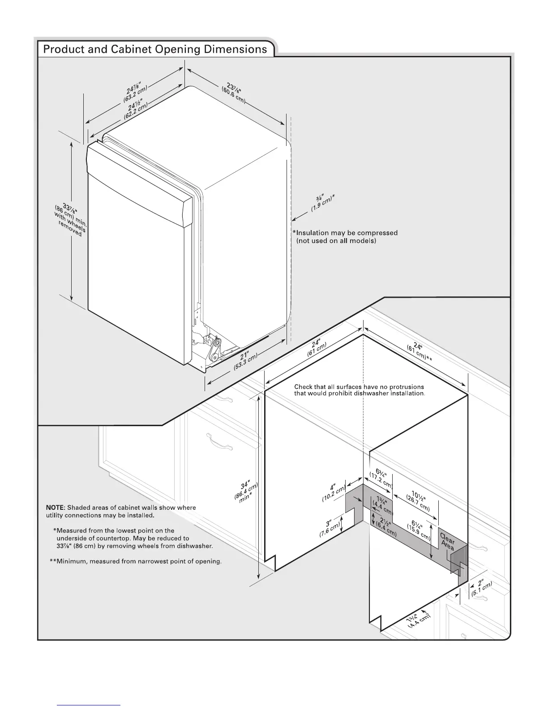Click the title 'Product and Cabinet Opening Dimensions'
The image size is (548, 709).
point(155,49)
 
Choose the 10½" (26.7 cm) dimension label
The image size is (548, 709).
point(418,502)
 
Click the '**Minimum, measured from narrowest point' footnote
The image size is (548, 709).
point(136,561)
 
